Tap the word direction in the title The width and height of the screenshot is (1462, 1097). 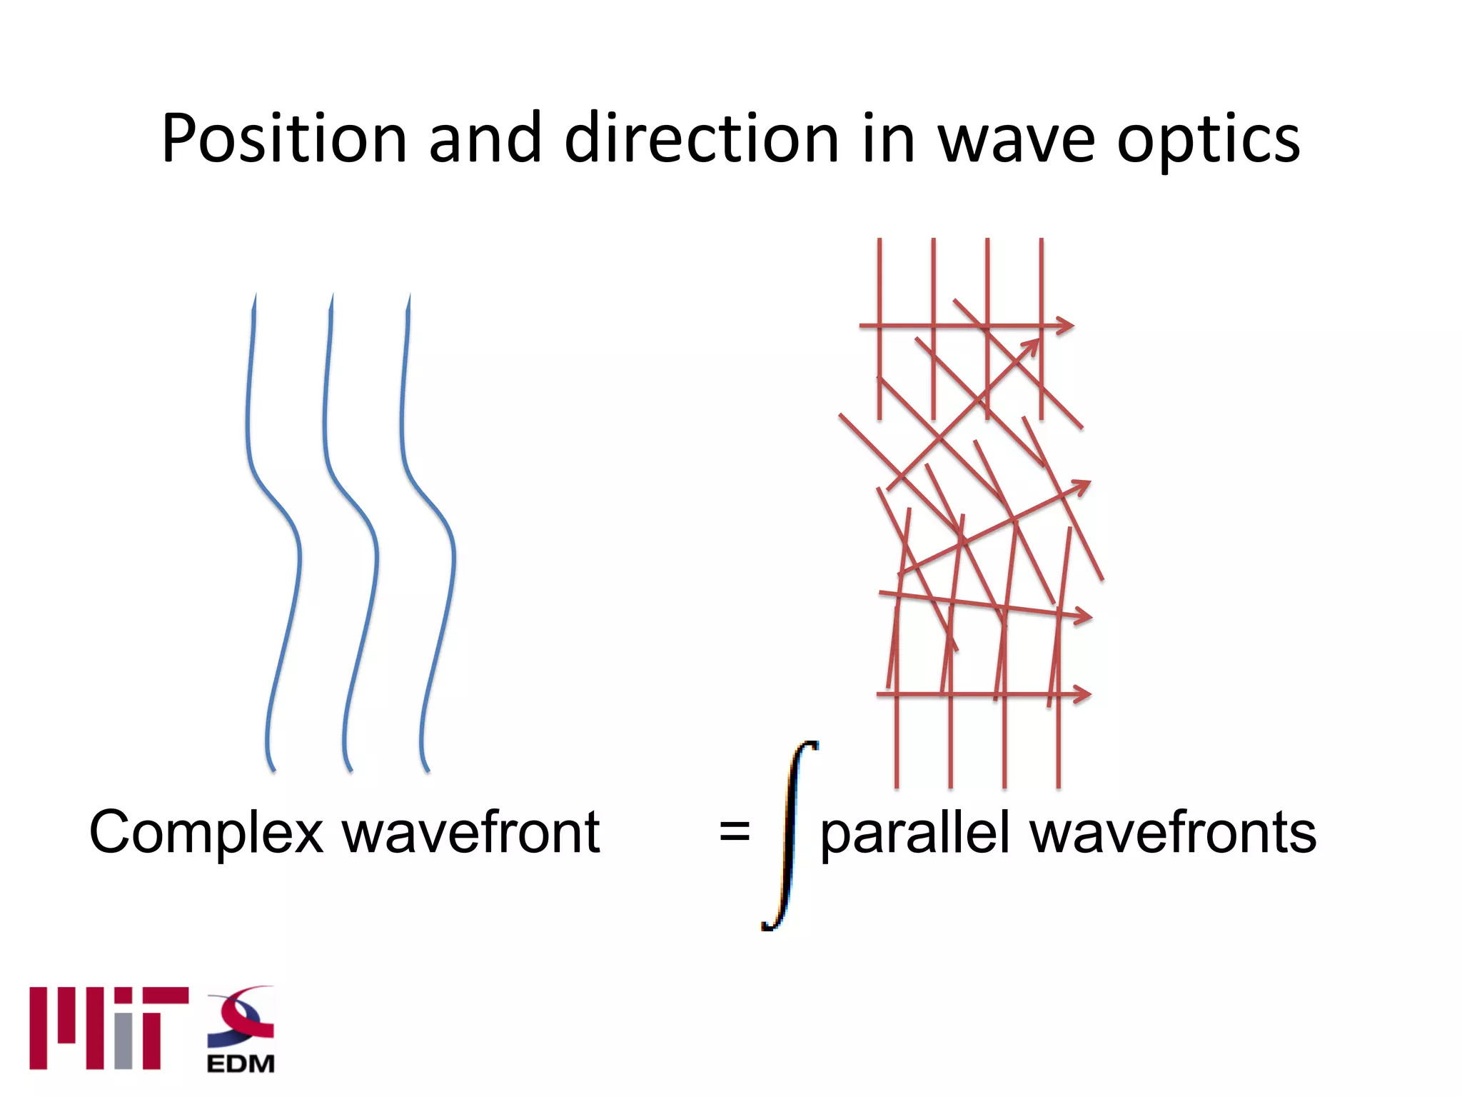pyautogui.click(x=701, y=139)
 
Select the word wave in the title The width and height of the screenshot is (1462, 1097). pyautogui.click(x=1016, y=139)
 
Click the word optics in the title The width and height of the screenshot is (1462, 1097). pyautogui.click(x=1208, y=139)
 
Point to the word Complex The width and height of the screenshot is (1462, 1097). pyautogui.click(x=206, y=833)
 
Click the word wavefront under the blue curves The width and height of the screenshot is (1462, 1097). pyautogui.click(x=471, y=833)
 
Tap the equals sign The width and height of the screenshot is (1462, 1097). pyautogui.click(x=734, y=833)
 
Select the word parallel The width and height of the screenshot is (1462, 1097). pyautogui.click(x=914, y=833)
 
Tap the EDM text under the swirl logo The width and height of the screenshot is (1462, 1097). pyautogui.click(x=241, y=1063)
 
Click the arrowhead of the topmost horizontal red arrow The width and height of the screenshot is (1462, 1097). pyautogui.click(x=1067, y=326)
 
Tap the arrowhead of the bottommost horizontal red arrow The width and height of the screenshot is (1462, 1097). pyautogui.click(x=1084, y=693)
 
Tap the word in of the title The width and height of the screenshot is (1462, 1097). pyautogui.click(x=888, y=139)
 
